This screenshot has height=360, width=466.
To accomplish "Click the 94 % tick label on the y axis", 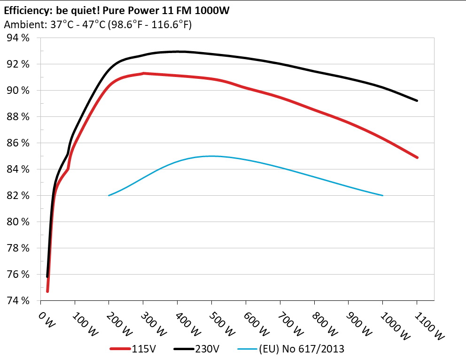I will pyautogui.click(x=18, y=38).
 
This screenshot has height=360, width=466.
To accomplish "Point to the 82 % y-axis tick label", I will pyautogui.click(x=18, y=195).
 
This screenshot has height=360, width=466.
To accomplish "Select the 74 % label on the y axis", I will pyautogui.click(x=18, y=300).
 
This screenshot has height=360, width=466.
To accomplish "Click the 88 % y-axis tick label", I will pyautogui.click(x=18, y=116).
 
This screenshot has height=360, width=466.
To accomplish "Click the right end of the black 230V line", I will pyautogui.click(x=417, y=100).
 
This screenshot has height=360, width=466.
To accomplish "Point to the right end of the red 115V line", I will pyautogui.click(x=417, y=157).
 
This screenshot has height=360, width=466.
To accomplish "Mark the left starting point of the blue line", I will pyautogui.click(x=109, y=195).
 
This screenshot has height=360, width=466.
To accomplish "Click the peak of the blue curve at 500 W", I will pyautogui.click(x=211, y=156).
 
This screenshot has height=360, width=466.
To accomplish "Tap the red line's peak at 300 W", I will pyautogui.click(x=143, y=73).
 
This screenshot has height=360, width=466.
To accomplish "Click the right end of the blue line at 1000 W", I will pyautogui.click(x=382, y=195).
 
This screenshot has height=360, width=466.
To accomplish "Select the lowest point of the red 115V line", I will pyautogui.click(x=47, y=291).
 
